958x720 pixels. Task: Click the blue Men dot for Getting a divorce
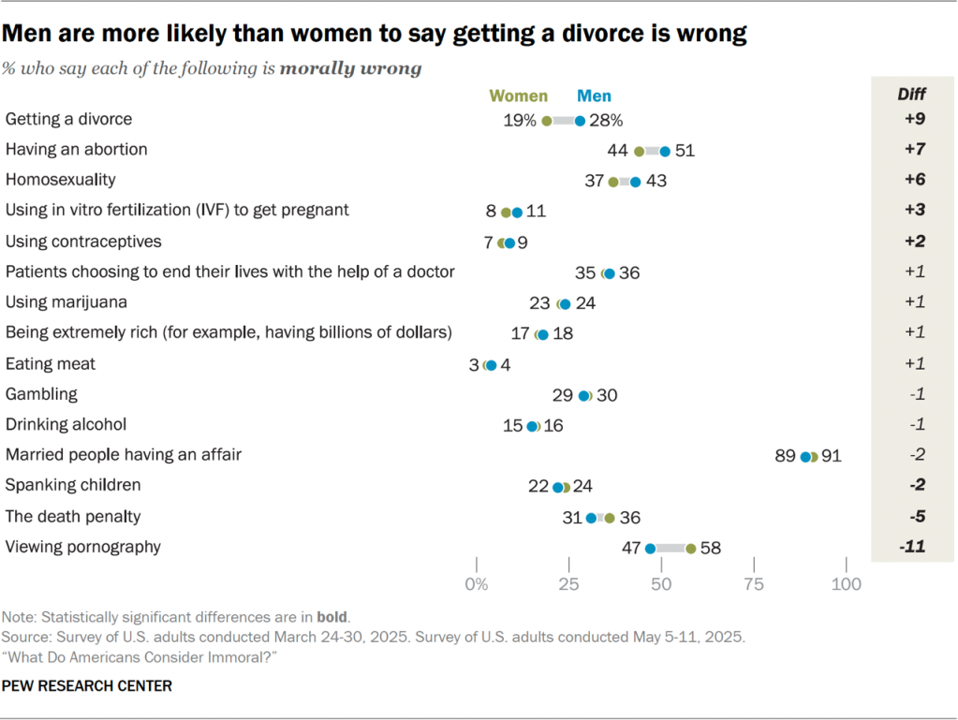(580, 121)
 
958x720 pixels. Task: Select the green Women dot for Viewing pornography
(691, 549)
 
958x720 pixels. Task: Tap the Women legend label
(519, 96)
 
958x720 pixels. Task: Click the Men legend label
(594, 96)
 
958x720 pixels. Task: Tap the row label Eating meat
(51, 363)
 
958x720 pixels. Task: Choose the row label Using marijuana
(66, 302)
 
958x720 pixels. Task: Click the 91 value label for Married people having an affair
(832, 456)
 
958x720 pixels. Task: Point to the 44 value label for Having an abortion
(617, 150)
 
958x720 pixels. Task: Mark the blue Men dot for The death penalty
(591, 518)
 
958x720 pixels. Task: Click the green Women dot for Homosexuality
(613, 182)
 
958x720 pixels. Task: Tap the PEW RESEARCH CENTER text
(86, 686)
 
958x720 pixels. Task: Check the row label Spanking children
(73, 485)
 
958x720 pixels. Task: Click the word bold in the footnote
(332, 618)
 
